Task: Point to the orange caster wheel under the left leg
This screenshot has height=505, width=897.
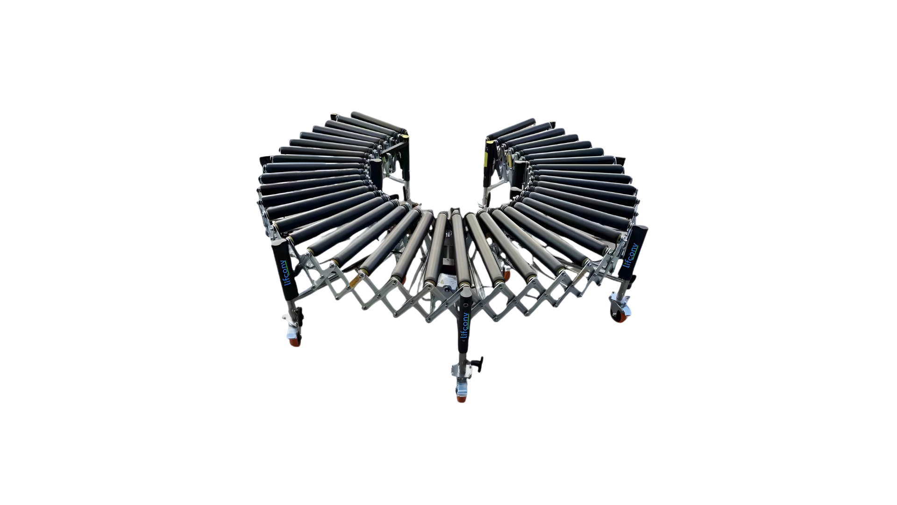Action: click(294, 342)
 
